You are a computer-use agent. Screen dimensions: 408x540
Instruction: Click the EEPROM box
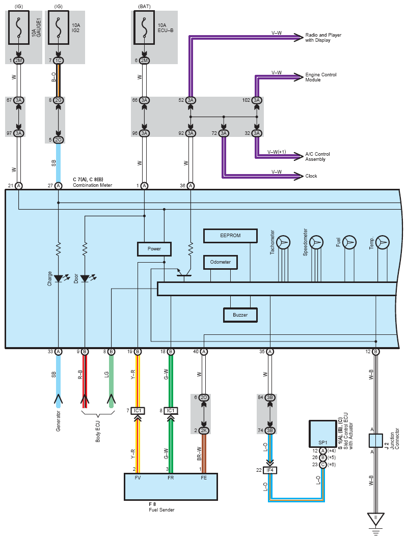tap(230, 236)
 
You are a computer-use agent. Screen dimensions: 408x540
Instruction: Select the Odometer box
tap(221, 263)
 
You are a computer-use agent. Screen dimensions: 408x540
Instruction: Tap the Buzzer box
tap(240, 315)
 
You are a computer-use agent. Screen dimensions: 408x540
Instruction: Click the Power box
tap(154, 249)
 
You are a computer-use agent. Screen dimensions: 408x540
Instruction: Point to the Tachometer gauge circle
tap(284, 242)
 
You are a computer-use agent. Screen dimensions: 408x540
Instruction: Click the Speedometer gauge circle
tap(316, 242)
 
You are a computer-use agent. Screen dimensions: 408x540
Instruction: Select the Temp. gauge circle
tap(383, 242)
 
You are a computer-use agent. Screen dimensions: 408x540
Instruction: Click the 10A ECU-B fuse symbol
tap(144, 27)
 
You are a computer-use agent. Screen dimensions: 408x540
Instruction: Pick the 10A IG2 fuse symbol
tap(58, 27)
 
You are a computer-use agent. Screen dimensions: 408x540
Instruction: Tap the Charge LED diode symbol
tap(58, 278)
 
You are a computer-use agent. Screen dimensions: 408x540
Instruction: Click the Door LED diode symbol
tap(85, 278)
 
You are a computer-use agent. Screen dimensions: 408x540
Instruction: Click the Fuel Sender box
tap(171, 487)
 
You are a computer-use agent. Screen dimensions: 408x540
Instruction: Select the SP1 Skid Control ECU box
tap(322, 434)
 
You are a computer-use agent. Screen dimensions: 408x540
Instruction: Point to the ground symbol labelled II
tap(375, 519)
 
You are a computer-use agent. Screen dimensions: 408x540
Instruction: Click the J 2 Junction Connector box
tap(375, 440)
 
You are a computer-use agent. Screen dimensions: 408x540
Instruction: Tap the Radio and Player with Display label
tap(323, 38)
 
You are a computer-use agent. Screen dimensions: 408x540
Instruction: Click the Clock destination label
tap(311, 176)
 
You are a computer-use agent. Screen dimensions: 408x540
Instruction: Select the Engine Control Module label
tap(320, 77)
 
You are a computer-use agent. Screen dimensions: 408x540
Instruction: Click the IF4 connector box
tap(270, 470)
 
